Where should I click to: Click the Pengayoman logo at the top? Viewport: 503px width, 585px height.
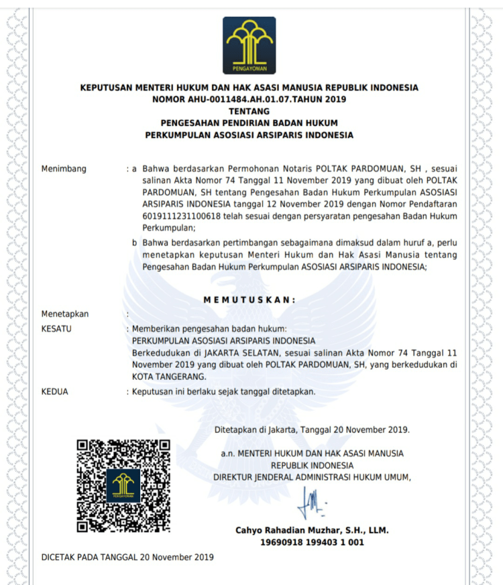pos(249,45)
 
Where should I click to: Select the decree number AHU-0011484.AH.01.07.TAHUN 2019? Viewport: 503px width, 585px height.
pos(249,99)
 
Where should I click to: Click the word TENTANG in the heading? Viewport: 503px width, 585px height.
pos(249,111)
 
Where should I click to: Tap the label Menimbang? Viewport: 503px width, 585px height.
pos(64,169)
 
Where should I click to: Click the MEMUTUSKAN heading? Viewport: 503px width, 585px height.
pos(249,300)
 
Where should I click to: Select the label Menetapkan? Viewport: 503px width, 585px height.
pos(64,314)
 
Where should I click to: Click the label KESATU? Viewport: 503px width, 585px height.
pos(56,328)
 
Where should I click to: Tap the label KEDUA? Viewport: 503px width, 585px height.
pos(54,391)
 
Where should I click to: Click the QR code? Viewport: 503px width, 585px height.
pos(123,485)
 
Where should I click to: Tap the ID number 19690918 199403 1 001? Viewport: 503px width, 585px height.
pos(312,542)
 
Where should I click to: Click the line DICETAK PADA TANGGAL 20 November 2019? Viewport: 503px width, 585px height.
pos(127,557)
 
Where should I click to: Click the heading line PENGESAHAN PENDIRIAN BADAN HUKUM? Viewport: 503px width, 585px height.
pos(249,123)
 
